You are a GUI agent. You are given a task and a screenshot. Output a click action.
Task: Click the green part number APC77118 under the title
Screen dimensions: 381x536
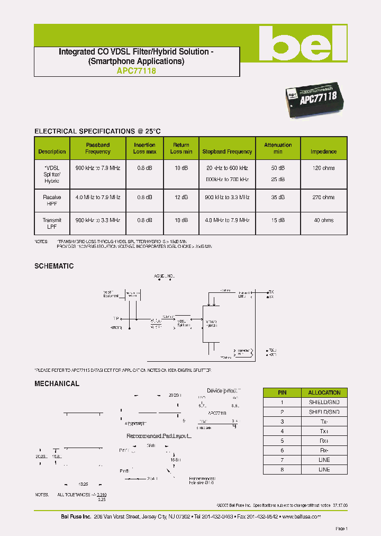pyautogui.click(x=137, y=70)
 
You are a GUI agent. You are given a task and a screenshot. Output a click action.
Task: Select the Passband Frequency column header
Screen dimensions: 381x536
pyautogui.click(x=98, y=148)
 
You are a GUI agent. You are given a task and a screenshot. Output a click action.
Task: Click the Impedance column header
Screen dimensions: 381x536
pyautogui.click(x=323, y=151)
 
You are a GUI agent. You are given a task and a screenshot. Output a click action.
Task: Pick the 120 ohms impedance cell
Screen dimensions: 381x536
pyautogui.click(x=323, y=168)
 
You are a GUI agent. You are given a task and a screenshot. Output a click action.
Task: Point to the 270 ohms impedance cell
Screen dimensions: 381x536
pyautogui.click(x=323, y=198)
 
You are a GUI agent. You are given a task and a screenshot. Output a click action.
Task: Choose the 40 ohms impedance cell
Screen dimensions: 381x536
pyautogui.click(x=323, y=220)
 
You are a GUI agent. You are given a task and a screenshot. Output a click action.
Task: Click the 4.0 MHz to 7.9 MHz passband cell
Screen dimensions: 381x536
pyautogui.click(x=98, y=198)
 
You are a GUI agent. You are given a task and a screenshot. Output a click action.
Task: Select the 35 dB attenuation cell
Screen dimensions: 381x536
pyautogui.click(x=278, y=198)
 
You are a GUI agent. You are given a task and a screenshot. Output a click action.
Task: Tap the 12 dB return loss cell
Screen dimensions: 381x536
pyautogui.click(x=181, y=198)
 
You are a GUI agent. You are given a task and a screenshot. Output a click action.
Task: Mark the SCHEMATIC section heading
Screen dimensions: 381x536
pyautogui.click(x=54, y=266)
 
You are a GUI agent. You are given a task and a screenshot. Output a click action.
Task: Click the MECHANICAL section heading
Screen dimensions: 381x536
pyautogui.click(x=57, y=383)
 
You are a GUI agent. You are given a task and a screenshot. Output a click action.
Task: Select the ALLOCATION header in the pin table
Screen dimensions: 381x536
pyautogui.click(x=324, y=392)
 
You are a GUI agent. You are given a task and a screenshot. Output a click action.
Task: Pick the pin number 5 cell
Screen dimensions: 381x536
pyautogui.click(x=282, y=441)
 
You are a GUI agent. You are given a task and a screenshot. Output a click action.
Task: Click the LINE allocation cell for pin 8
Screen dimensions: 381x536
pyautogui.click(x=324, y=469)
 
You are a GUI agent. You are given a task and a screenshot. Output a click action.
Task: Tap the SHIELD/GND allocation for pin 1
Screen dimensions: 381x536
pyautogui.click(x=324, y=402)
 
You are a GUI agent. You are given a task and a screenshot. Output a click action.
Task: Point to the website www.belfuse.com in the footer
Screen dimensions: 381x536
pyautogui.click(x=302, y=516)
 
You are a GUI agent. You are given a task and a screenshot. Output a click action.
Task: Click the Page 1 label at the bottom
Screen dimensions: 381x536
pyautogui.click(x=341, y=529)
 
